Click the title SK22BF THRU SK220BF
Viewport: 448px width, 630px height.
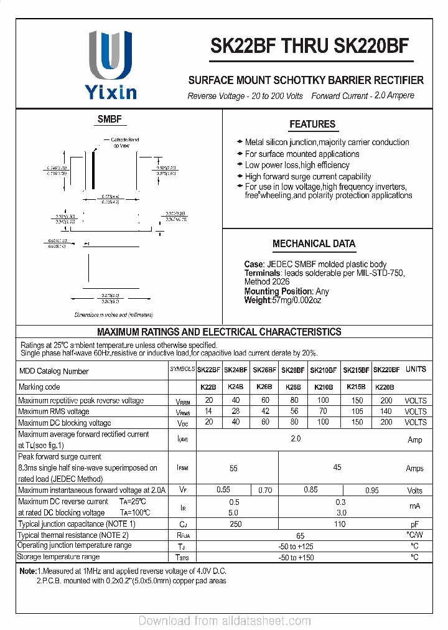(x=310, y=46)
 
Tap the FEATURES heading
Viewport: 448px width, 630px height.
(x=312, y=125)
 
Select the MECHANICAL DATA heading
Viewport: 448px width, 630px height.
(x=314, y=244)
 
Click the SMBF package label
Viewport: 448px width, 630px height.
(x=110, y=120)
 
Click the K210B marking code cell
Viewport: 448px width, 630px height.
(x=323, y=387)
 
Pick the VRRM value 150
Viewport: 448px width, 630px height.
(x=357, y=401)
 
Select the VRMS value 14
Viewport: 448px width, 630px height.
(x=209, y=411)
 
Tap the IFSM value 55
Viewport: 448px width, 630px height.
(x=234, y=468)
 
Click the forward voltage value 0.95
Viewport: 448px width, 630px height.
(x=371, y=491)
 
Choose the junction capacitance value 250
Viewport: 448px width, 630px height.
(x=235, y=524)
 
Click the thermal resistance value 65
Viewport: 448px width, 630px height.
(x=301, y=535)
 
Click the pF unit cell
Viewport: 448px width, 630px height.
(x=414, y=524)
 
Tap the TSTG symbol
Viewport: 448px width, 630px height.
(x=182, y=557)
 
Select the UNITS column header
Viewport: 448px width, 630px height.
(x=416, y=369)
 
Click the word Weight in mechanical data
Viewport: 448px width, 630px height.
(x=258, y=301)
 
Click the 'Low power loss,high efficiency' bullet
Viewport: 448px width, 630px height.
(x=297, y=165)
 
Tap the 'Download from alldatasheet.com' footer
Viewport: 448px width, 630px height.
(x=224, y=621)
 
